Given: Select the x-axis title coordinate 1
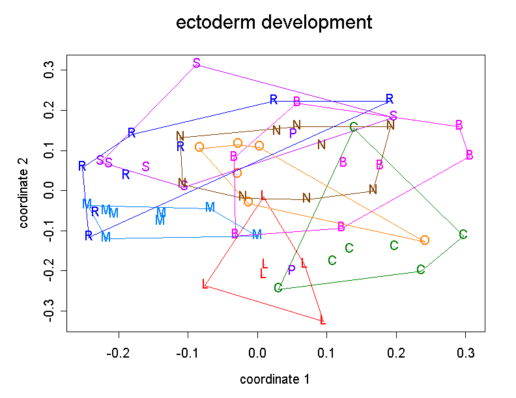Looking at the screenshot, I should point(274,379).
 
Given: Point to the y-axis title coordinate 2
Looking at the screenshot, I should point(24,191).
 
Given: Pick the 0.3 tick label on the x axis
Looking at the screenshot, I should point(466,353).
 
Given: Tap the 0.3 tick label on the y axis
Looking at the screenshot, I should point(48,70).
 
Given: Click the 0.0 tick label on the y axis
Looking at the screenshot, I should point(48,191).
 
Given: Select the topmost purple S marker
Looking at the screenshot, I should point(197,63).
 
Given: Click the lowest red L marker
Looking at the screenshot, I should point(322,319).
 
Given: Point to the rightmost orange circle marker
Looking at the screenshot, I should point(425,240).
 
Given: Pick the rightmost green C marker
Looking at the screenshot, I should point(463,235).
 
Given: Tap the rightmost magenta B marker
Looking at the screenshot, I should point(469,155).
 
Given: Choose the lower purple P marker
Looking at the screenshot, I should point(292,270).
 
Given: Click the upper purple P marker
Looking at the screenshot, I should point(293,133).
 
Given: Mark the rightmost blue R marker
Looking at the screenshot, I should point(390,99).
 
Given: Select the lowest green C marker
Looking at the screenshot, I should point(278,288).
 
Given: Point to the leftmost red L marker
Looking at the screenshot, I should point(205,283).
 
